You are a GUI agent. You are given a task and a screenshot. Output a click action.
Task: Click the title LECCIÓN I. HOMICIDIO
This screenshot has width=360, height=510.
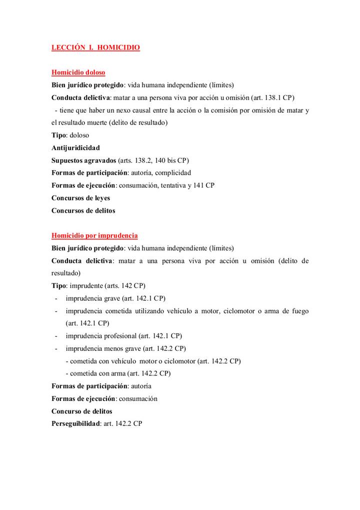click(x=95, y=48)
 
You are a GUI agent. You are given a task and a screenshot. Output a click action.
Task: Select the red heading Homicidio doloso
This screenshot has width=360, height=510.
click(x=78, y=73)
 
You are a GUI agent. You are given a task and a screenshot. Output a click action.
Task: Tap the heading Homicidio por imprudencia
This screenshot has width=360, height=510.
click(x=94, y=235)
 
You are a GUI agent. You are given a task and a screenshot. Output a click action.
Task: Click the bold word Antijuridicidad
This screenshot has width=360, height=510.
click(x=75, y=148)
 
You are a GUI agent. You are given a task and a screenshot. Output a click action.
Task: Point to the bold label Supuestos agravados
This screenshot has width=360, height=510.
click(x=83, y=160)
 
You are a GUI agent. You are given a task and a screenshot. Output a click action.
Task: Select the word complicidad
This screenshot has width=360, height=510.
click(x=173, y=173)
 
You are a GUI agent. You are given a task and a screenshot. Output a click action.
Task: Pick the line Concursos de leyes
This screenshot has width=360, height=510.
click(x=80, y=198)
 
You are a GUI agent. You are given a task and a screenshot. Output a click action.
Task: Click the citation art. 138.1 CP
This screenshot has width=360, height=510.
click(x=274, y=98)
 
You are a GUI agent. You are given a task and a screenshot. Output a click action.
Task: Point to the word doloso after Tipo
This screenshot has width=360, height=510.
click(x=79, y=135)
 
